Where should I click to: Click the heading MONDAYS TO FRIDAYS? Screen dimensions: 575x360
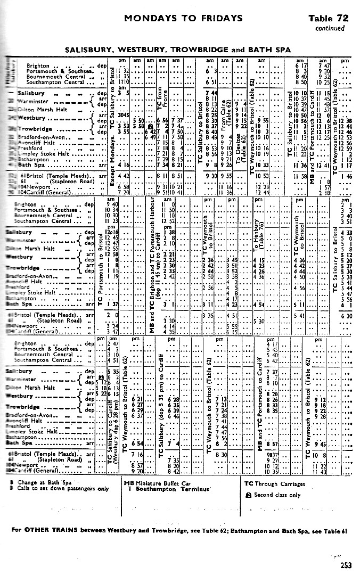(183, 18)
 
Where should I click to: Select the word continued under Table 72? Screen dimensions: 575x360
(330, 28)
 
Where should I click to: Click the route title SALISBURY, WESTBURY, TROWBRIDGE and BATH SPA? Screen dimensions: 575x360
(178, 50)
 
